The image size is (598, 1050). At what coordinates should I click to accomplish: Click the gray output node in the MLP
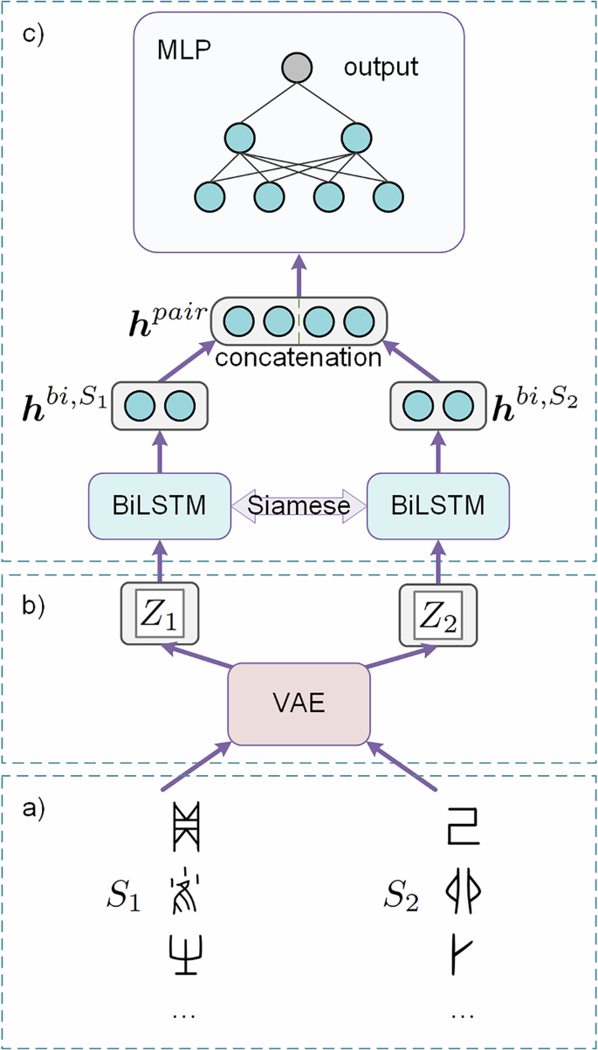point(298,68)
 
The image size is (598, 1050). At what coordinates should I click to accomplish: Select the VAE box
point(299,704)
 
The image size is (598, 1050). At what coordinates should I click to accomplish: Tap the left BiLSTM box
point(159,506)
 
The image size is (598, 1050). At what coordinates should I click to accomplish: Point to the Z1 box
point(159,614)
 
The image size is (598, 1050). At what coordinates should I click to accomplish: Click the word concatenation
point(299,357)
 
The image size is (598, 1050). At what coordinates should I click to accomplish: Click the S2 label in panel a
point(403,894)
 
